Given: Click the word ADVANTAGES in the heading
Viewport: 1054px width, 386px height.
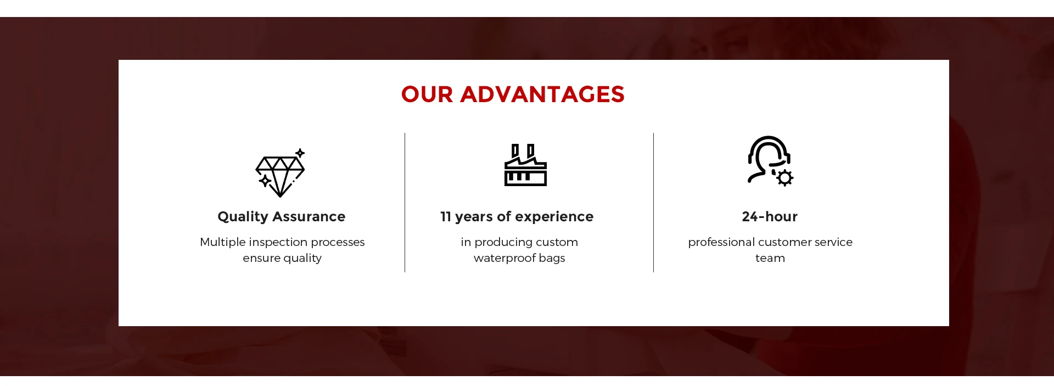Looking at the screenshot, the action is click(x=542, y=94).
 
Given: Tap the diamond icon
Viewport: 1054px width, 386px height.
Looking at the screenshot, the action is click(x=280, y=173).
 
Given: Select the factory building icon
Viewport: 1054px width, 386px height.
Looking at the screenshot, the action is click(x=525, y=165).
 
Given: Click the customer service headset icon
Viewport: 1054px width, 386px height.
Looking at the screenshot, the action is click(x=770, y=161).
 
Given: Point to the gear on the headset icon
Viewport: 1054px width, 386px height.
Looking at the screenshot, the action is click(x=785, y=178).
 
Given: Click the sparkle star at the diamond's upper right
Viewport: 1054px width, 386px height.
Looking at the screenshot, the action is click(x=300, y=153).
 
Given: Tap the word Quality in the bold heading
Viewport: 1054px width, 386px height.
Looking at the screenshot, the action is click(x=243, y=217).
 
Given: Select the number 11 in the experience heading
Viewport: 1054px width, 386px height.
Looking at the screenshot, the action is click(x=446, y=216).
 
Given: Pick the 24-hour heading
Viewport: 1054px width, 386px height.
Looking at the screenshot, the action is click(x=770, y=216).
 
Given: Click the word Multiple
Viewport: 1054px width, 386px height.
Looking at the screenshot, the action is click(x=223, y=242).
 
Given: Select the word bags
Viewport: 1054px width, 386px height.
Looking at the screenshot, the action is click(x=552, y=259).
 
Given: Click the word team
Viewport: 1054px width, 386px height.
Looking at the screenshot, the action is click(x=770, y=258).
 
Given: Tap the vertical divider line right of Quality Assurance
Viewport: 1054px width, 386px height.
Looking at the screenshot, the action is click(x=405, y=202).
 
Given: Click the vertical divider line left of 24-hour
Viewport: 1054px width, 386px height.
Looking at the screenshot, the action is click(x=654, y=202).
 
